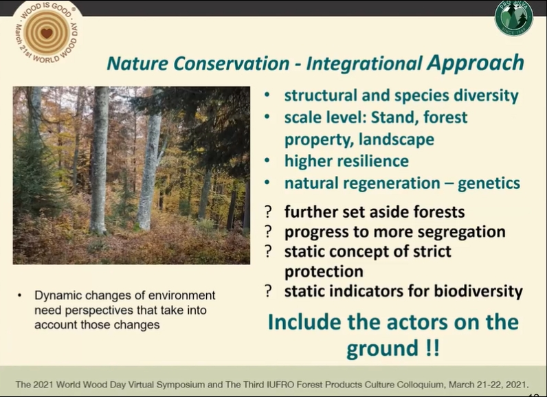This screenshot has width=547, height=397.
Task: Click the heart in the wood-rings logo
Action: (x=47, y=34)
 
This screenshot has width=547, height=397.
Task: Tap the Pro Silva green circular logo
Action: (x=513, y=18)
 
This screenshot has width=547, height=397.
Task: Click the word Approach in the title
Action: (x=476, y=63)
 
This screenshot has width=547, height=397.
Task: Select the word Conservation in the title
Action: (x=232, y=63)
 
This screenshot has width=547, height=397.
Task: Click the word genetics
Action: (x=489, y=183)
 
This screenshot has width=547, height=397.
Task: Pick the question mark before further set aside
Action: (x=268, y=212)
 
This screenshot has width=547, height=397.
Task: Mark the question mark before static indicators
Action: (x=268, y=291)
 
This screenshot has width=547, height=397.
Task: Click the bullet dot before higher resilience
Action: (x=267, y=161)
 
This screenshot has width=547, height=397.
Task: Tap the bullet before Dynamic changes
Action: (x=19, y=295)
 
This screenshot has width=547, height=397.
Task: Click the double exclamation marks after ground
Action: (x=432, y=348)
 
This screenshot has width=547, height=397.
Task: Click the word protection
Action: (x=324, y=272)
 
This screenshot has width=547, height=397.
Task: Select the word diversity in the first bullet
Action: (x=486, y=95)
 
